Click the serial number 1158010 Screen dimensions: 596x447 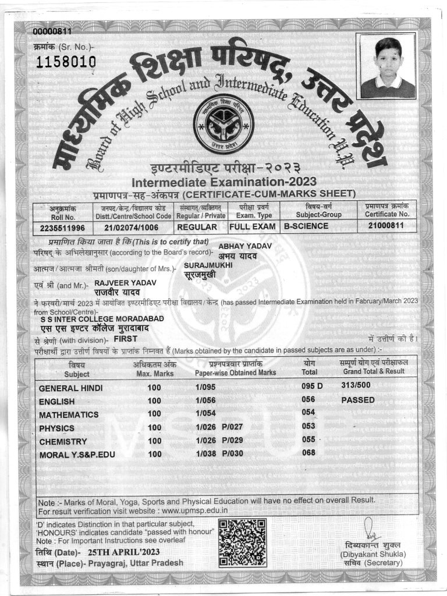click(66, 62)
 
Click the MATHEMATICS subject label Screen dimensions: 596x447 click(69, 414)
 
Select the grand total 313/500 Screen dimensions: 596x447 click(356, 385)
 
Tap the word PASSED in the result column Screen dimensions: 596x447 click(358, 400)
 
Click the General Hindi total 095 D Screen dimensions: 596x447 click(312, 386)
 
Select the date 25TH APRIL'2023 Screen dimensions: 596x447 click(115, 551)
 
